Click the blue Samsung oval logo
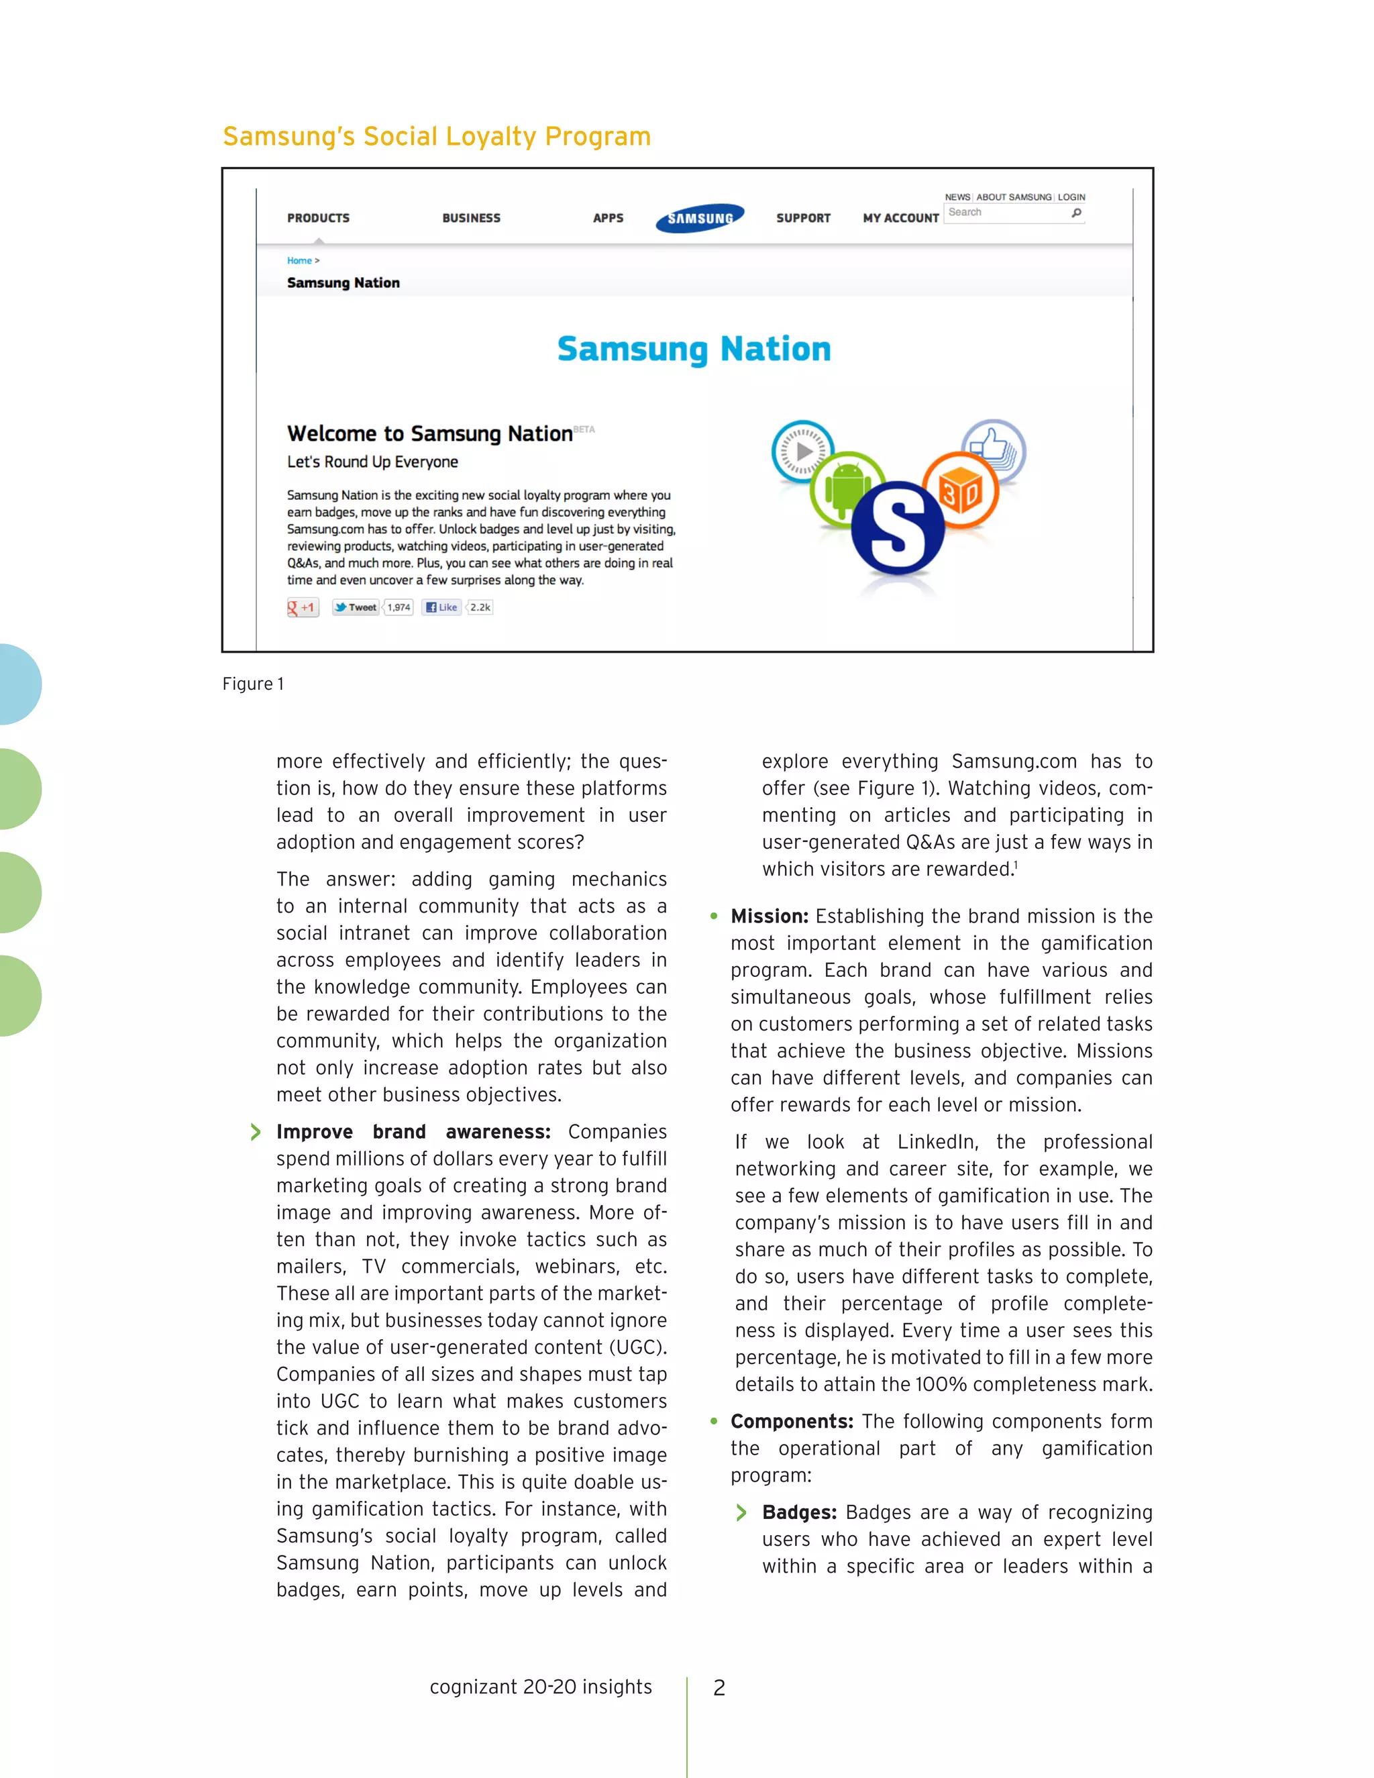tap(700, 217)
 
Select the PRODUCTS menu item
tap(318, 218)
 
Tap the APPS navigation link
tap(608, 218)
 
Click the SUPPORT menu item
tap(803, 218)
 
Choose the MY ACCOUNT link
tap(900, 218)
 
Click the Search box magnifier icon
tap(1076, 213)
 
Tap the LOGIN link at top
tap(1071, 197)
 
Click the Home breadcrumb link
tap(299, 260)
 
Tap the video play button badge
tap(802, 451)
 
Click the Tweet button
tap(356, 607)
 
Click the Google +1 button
tap(303, 607)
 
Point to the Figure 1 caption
tap(253, 684)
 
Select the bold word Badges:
tap(799, 1512)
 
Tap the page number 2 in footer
tap(719, 1687)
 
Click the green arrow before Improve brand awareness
tap(256, 1132)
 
